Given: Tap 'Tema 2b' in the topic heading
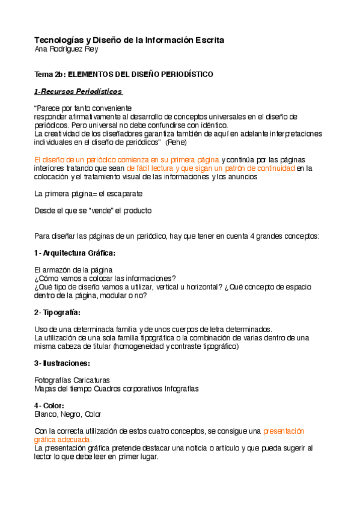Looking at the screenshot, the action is click(x=48, y=75).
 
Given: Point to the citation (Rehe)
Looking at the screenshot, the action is click(x=176, y=143).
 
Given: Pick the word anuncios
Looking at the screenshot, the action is click(x=243, y=177).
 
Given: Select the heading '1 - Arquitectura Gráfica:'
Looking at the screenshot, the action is click(x=75, y=253).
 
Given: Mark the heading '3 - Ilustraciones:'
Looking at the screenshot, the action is click(x=63, y=363).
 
